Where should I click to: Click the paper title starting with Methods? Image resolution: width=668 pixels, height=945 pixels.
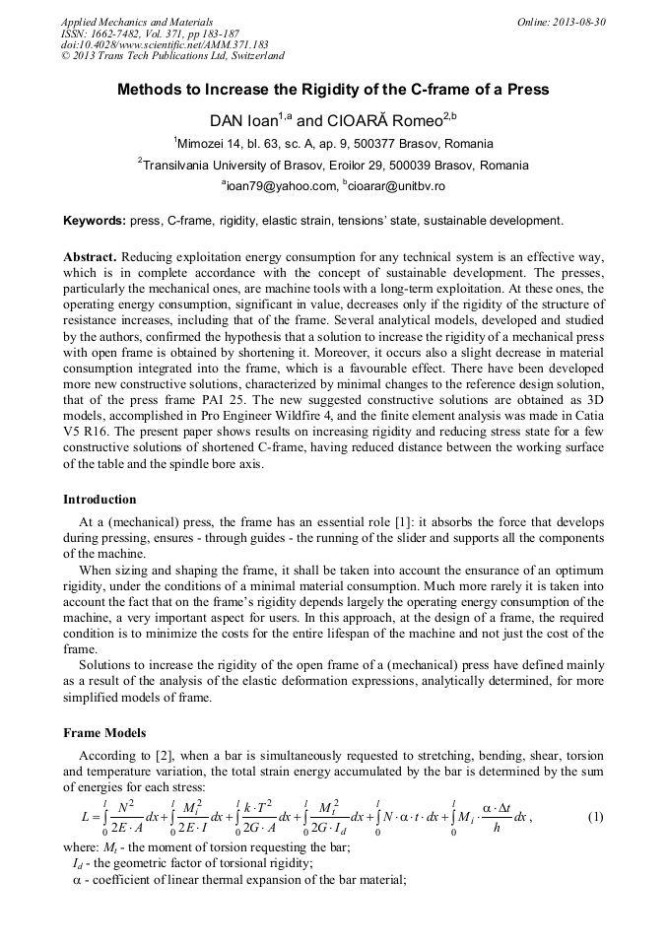(x=333, y=90)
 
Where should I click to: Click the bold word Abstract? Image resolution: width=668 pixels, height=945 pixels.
(x=91, y=255)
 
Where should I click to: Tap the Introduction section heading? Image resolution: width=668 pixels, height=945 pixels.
(x=100, y=500)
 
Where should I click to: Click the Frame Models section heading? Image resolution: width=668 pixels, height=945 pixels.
(x=104, y=733)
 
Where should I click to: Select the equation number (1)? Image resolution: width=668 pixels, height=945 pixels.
(x=595, y=817)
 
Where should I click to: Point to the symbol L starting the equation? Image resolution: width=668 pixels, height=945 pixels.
(x=85, y=817)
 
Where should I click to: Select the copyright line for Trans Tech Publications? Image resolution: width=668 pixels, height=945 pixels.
(x=172, y=56)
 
